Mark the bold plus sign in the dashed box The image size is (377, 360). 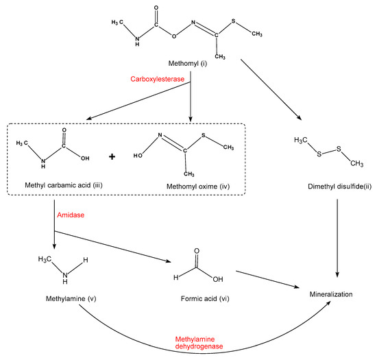coord(112,156)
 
